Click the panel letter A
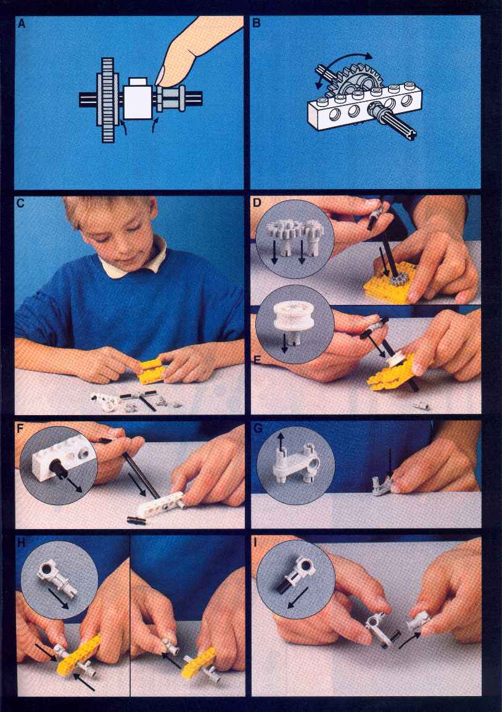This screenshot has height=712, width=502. coord(22,24)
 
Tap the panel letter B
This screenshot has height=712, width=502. coord(257,23)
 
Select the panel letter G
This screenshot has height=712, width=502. coord(258,428)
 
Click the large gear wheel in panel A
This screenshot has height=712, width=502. coord(108,100)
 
